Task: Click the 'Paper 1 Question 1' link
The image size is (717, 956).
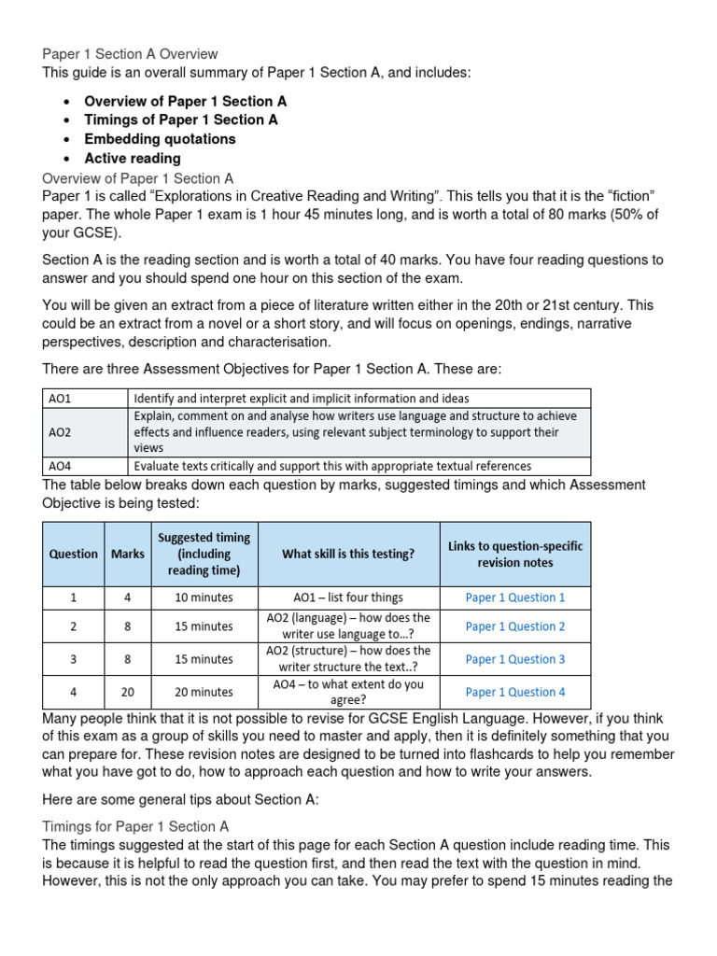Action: [514, 597]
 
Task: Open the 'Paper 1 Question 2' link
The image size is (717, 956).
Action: [514, 626]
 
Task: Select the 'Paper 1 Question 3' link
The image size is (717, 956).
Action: [514, 659]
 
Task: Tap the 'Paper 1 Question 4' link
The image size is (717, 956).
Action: [514, 692]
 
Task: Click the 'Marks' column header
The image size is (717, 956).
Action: [128, 554]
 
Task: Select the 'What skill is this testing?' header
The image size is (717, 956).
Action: [348, 554]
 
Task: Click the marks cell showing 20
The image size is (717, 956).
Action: [128, 692]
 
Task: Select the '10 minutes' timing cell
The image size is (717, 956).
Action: [204, 597]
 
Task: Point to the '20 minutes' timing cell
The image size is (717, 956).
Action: [204, 692]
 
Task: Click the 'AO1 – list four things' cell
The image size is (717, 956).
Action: [348, 597]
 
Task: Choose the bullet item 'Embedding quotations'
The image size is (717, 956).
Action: [160, 139]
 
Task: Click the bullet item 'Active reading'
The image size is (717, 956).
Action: [133, 159]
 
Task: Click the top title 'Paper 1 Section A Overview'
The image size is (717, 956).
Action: [130, 54]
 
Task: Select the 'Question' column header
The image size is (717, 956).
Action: [74, 554]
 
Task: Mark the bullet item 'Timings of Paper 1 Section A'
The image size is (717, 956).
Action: [181, 119]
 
